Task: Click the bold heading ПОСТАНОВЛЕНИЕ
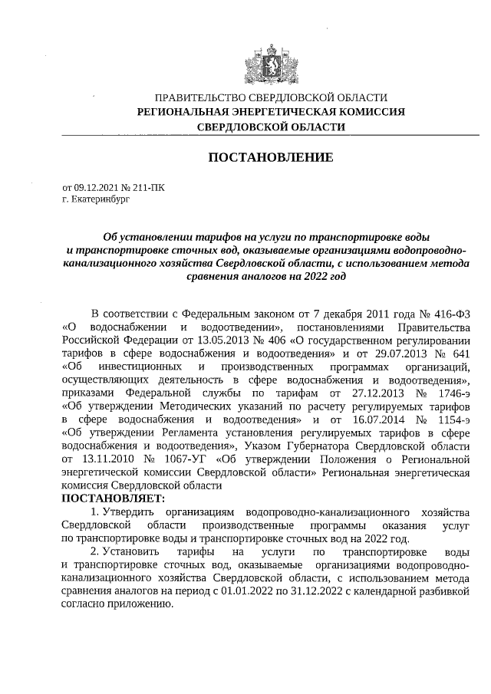(271, 157)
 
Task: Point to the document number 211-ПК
(148, 186)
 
